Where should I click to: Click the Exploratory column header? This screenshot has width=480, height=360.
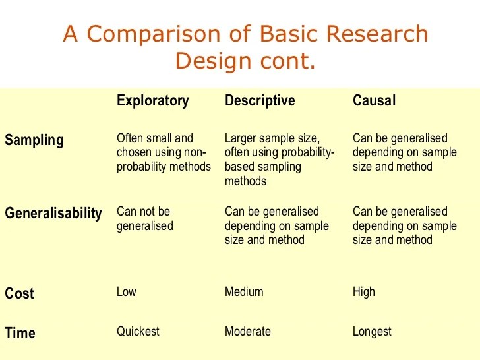click(x=152, y=101)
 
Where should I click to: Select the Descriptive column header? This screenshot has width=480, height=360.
click(x=260, y=101)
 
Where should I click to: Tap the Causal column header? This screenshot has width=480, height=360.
click(x=374, y=101)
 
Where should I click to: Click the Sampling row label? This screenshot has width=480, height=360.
click(x=34, y=140)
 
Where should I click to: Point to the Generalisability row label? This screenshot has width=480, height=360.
click(x=53, y=214)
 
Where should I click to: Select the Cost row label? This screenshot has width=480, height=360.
click(x=20, y=293)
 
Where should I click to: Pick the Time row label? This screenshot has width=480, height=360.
click(x=20, y=333)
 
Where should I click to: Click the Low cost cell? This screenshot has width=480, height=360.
click(x=127, y=291)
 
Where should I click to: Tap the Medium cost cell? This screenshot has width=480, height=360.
click(x=244, y=291)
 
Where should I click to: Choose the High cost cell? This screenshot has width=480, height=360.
click(x=364, y=291)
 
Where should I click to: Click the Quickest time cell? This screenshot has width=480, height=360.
click(x=138, y=331)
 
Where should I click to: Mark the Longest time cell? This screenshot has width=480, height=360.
click(x=372, y=331)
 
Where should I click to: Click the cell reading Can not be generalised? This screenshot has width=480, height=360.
click(x=145, y=218)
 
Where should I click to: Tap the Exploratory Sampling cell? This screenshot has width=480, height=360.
click(x=164, y=152)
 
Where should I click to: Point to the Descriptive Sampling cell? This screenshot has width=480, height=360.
click(x=280, y=160)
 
